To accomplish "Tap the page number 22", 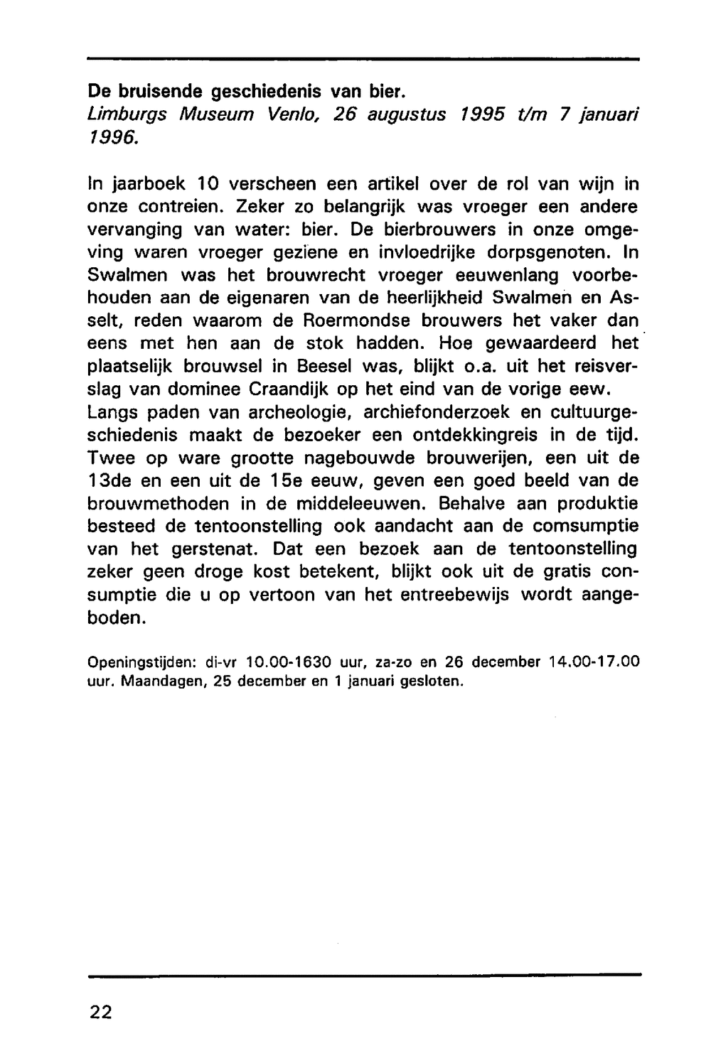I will pyautogui.click(x=100, y=1012).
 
